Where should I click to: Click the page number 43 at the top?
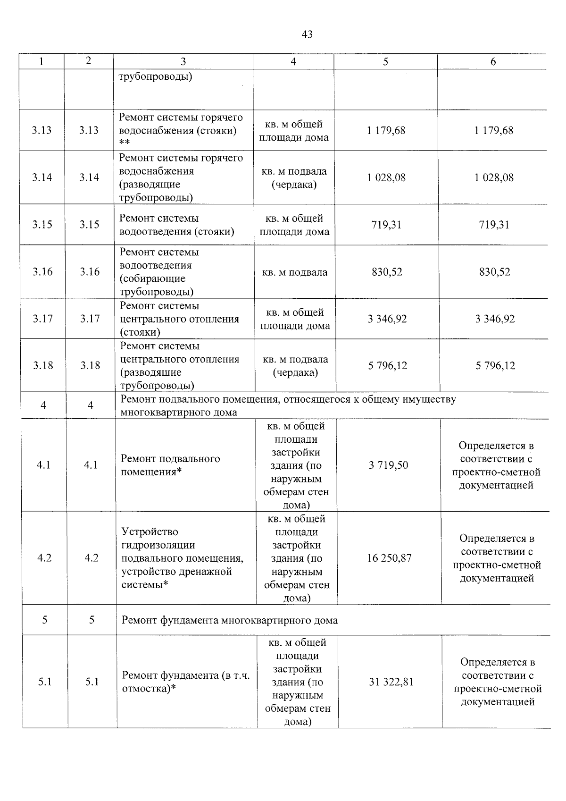(x=307, y=34)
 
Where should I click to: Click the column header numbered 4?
(x=293, y=62)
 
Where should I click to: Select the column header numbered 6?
(x=493, y=62)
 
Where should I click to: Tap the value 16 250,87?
(x=389, y=558)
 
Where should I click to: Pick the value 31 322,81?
(x=390, y=682)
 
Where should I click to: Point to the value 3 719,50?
(x=389, y=465)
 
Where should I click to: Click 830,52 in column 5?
(x=387, y=272)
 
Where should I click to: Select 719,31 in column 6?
(x=494, y=225)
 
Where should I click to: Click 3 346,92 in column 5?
(x=387, y=319)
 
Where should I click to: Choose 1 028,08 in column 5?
(x=386, y=178)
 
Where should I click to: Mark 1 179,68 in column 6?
(x=494, y=131)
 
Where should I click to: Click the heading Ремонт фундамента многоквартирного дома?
(x=230, y=620)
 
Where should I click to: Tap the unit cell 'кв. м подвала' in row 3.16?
(x=295, y=272)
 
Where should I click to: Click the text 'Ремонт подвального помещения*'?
(x=170, y=465)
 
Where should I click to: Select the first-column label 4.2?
(x=44, y=558)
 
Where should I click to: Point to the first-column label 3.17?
(x=43, y=319)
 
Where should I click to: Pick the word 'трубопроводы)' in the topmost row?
(x=155, y=77)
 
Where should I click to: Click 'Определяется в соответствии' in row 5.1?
(x=497, y=669)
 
